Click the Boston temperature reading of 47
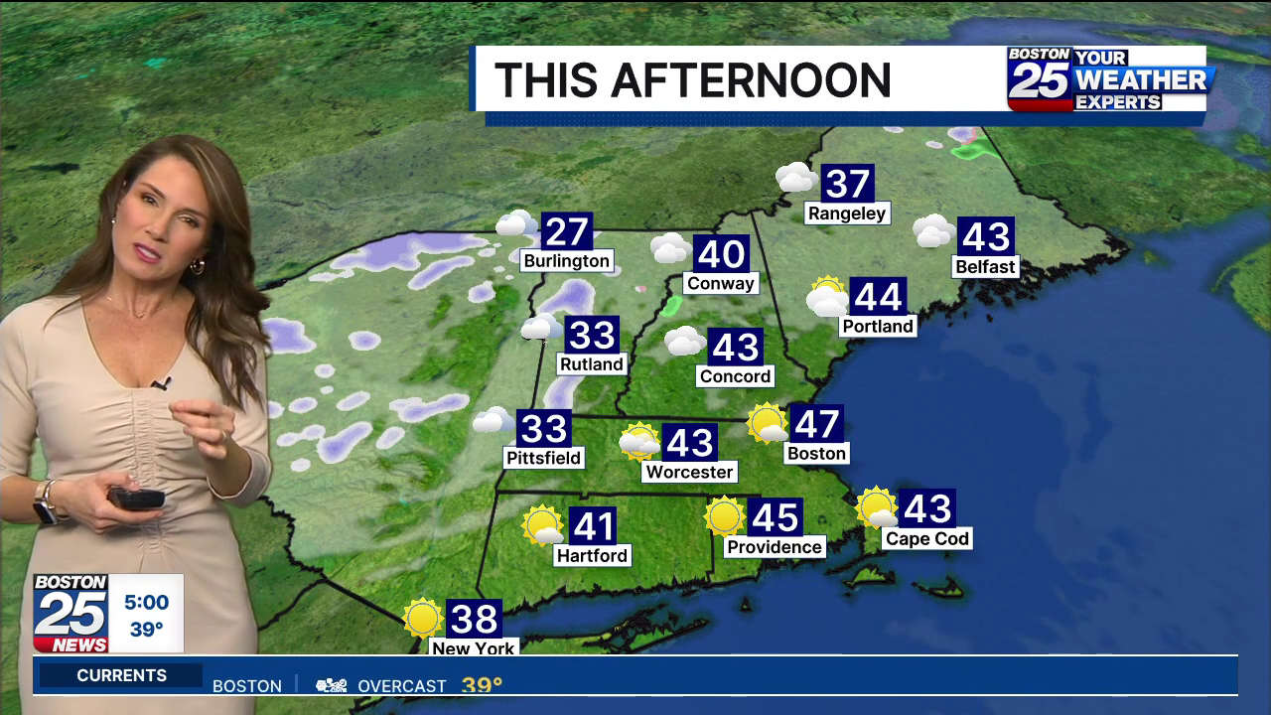[816, 424]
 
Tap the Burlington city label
[566, 261]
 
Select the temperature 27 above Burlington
[567, 232]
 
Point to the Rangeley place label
[846, 214]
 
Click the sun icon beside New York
[423, 618]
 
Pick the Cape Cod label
[926, 539]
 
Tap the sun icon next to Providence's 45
[724, 516]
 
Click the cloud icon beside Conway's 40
[670, 248]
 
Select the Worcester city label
[689, 472]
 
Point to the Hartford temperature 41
[593, 526]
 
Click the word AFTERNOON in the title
[751, 80]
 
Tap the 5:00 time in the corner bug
[146, 603]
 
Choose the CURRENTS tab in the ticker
[122, 675]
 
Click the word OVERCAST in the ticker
[402, 686]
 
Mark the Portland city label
[877, 326]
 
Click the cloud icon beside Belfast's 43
[933, 231]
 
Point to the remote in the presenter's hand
[136, 498]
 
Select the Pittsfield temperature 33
[543, 429]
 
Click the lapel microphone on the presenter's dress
[161, 382]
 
